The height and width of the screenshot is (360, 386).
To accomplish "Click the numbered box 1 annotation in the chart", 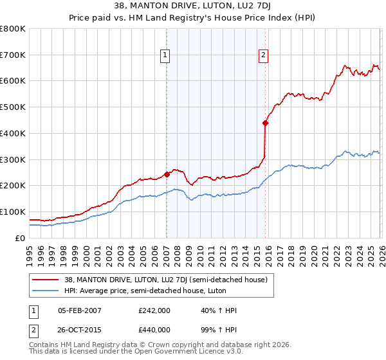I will (165, 56).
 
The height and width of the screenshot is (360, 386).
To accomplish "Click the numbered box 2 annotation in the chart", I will (264, 56).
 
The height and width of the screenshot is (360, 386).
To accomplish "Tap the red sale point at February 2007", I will (167, 174).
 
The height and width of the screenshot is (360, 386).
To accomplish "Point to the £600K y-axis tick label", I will (13, 81).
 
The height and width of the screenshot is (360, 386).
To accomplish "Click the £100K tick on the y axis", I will (13, 212).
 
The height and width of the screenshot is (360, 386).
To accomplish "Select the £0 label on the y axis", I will (19, 238).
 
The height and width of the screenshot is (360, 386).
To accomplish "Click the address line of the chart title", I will (193, 7).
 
